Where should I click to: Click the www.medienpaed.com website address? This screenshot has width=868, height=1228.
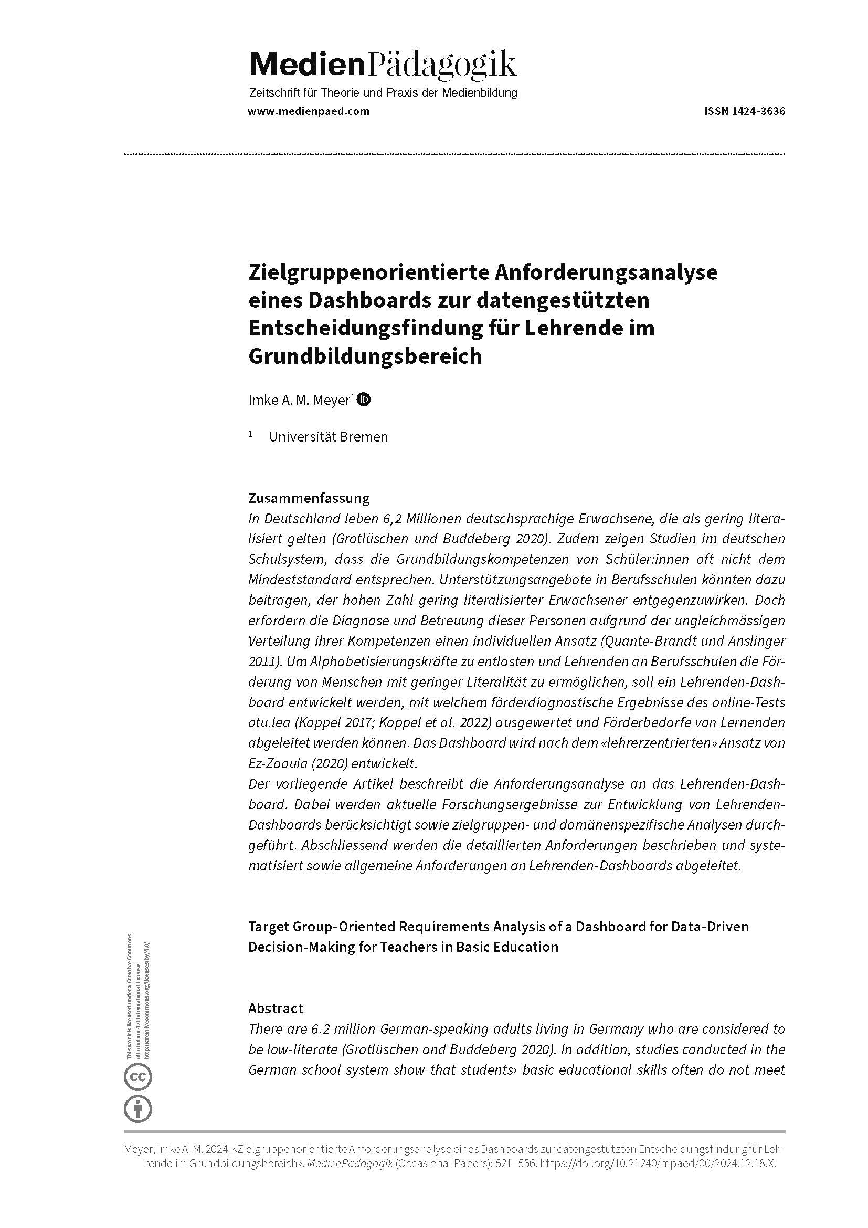309,111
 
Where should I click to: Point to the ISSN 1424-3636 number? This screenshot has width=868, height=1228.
745,111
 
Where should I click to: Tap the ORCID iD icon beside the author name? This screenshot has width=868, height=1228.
364,400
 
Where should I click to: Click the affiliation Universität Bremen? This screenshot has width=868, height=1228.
328,437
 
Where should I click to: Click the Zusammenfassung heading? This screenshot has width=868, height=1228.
309,498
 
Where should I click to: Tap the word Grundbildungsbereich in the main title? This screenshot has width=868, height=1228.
365,356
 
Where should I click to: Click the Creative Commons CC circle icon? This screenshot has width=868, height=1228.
138,1077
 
